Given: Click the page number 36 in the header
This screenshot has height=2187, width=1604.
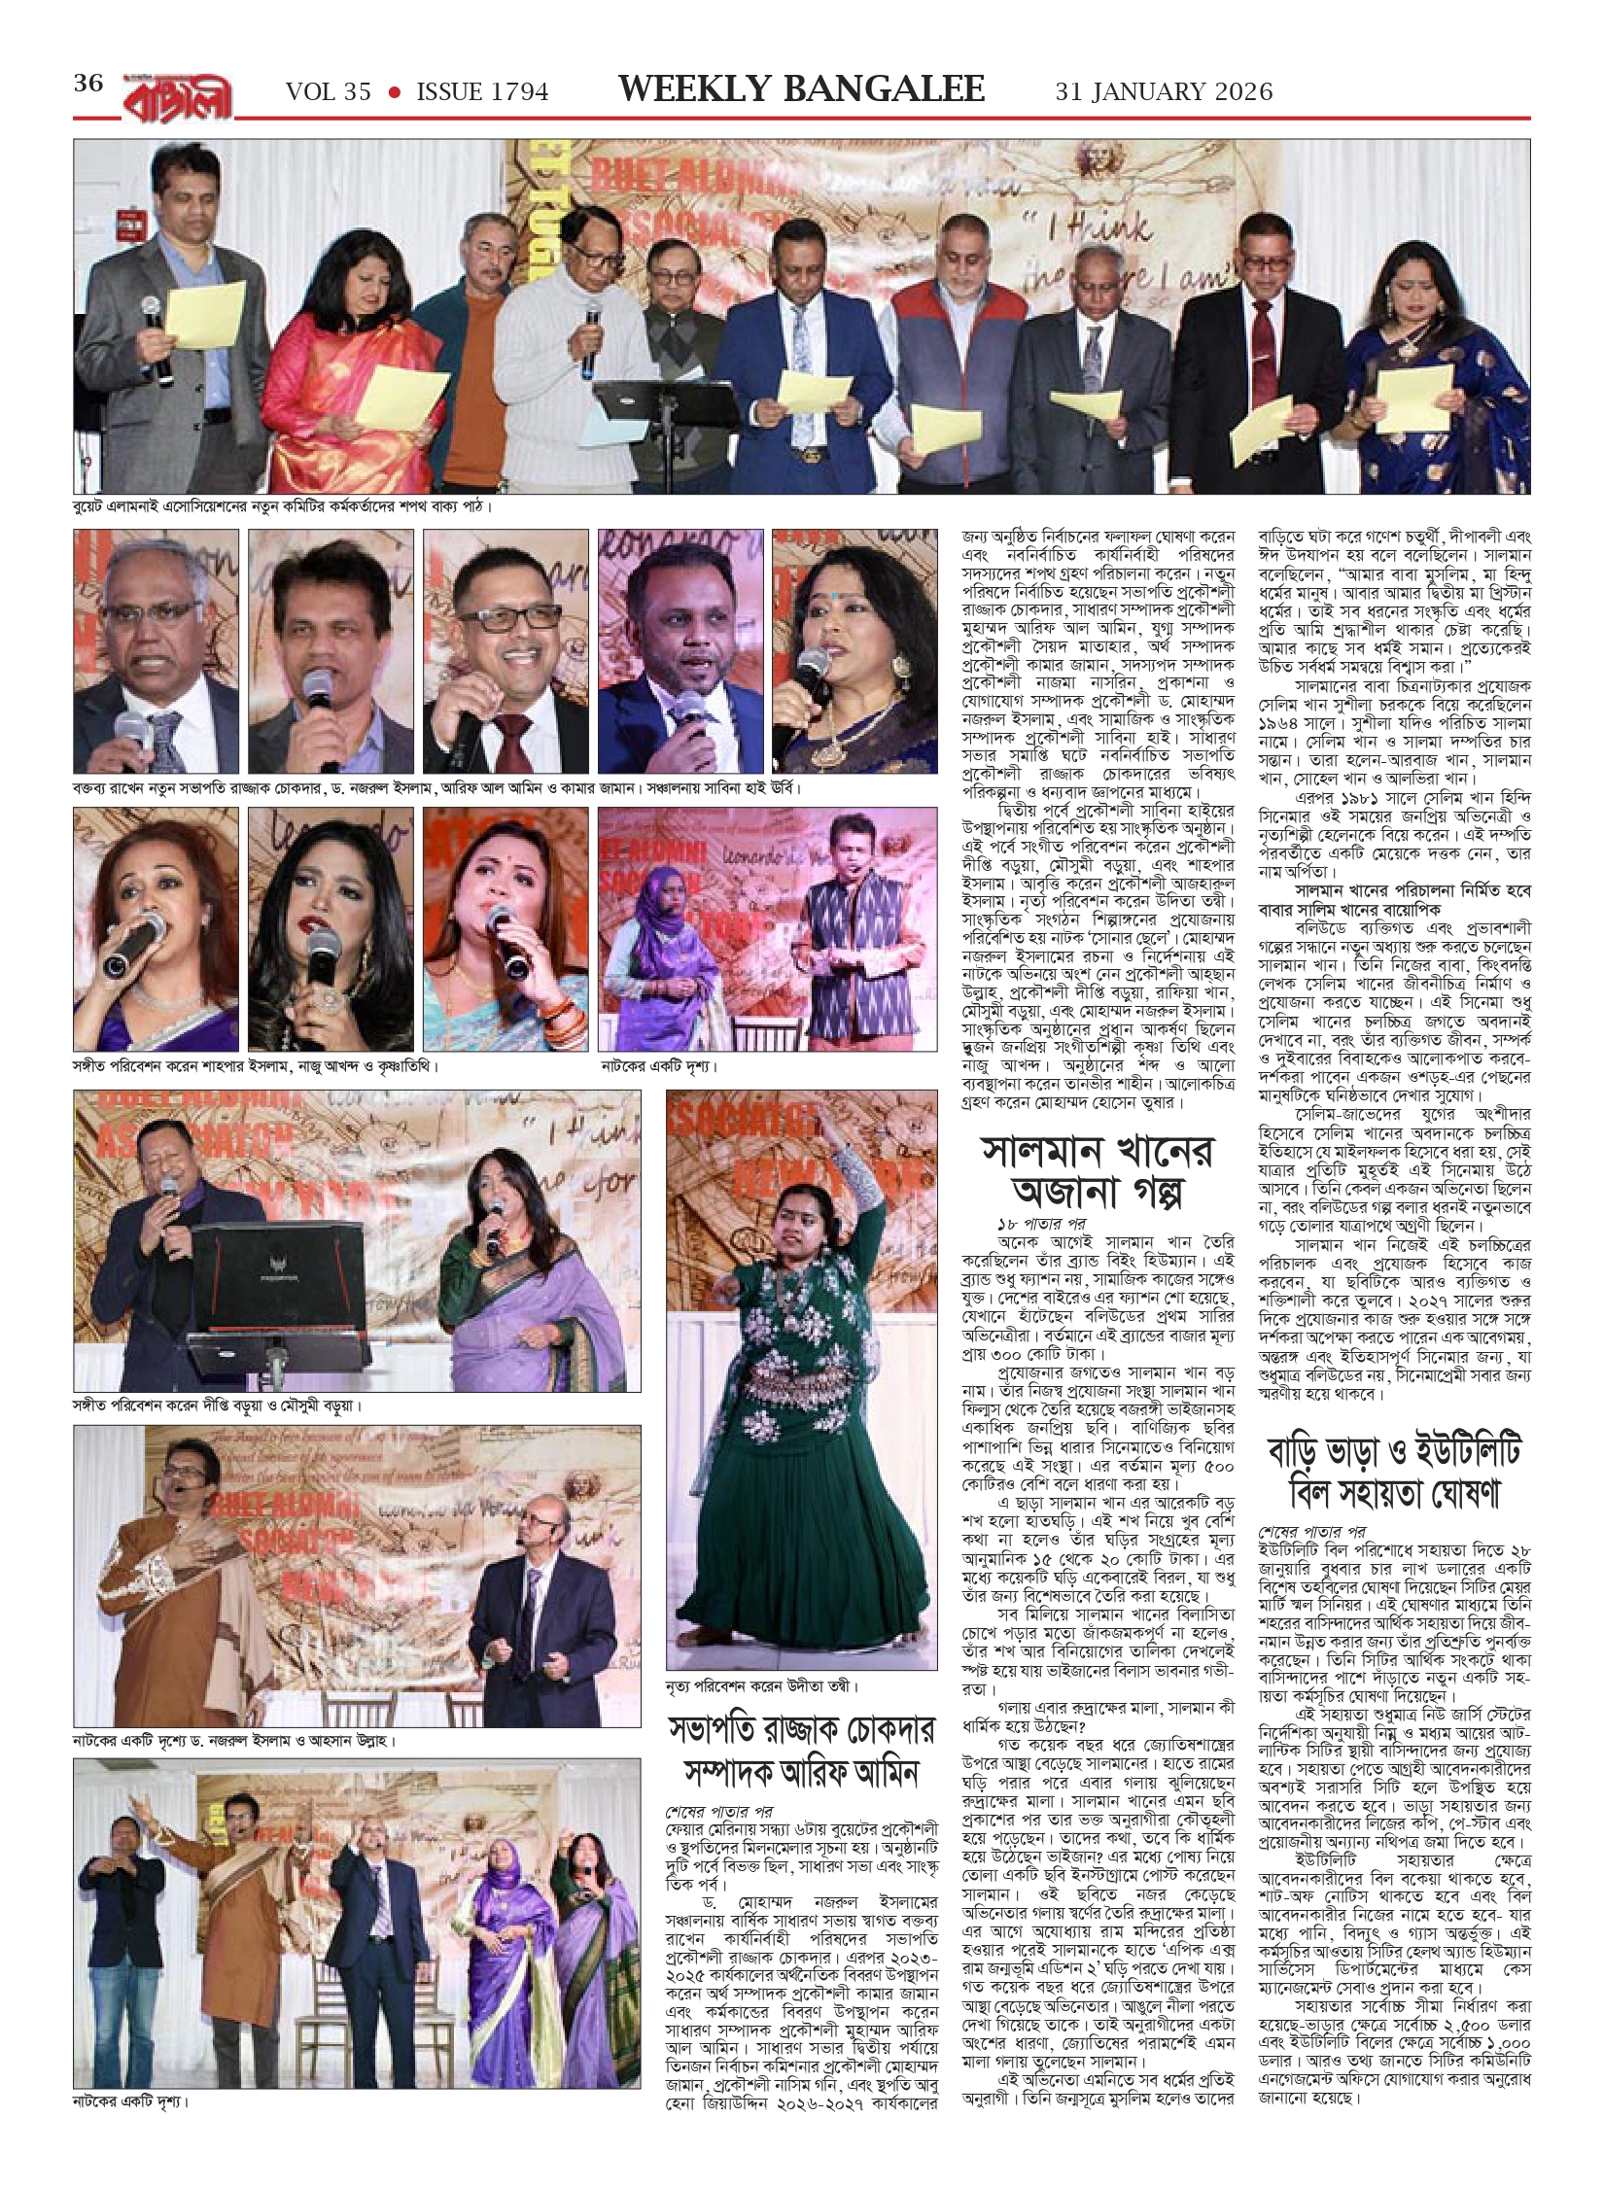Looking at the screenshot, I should (87, 84).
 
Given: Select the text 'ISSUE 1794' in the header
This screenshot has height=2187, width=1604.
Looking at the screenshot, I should (482, 91).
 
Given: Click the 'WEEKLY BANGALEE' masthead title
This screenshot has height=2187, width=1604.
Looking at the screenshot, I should (802, 89).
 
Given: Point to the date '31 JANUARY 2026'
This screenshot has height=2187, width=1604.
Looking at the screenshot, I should (1164, 91).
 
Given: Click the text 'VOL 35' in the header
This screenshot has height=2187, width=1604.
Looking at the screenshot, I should (329, 91).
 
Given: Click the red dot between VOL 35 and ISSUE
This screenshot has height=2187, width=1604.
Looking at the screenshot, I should (394, 91).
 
